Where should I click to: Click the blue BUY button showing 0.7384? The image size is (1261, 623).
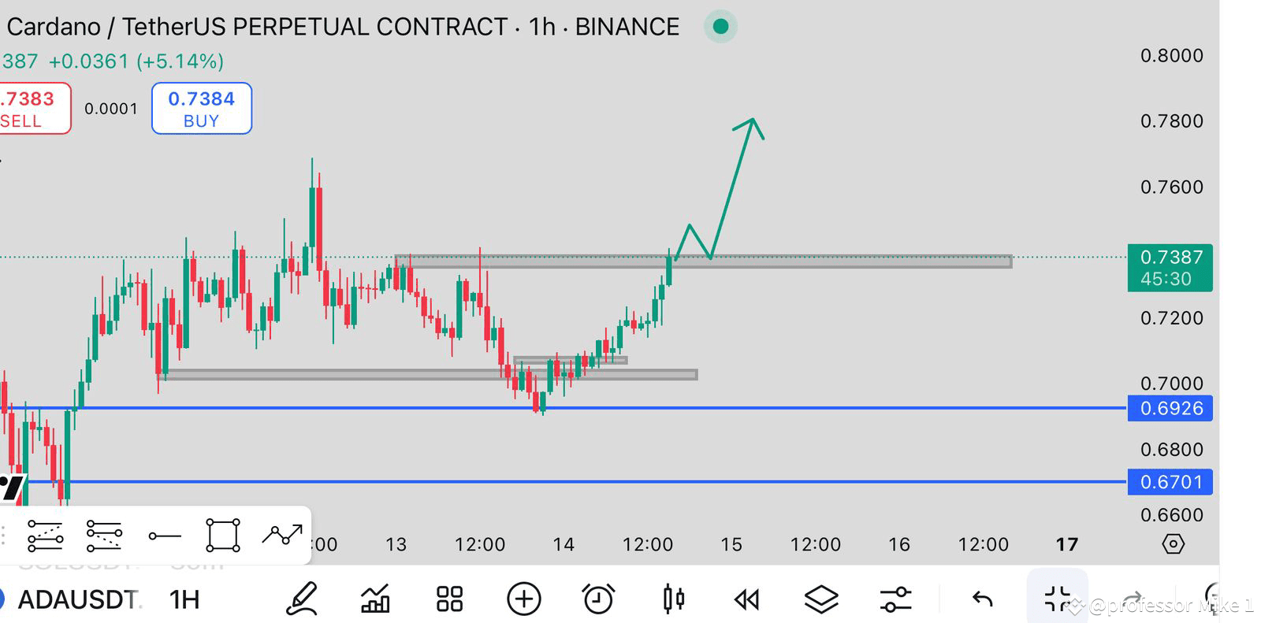pos(201,109)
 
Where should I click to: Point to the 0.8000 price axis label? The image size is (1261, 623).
pos(1171,55)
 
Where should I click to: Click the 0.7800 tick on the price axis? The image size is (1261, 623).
pos(1171,121)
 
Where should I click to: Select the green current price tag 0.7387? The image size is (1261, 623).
pos(1170,268)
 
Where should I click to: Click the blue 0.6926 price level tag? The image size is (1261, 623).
pos(1170,408)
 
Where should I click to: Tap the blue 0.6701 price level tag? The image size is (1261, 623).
pos(1170,481)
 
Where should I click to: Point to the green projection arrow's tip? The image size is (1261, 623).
pos(753,120)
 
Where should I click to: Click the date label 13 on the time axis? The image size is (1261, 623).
pos(396,544)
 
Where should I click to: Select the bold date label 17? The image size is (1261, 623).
pos(1066,544)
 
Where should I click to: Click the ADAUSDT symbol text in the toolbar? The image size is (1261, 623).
pos(78,599)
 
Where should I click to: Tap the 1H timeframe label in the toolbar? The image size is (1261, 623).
pos(184,599)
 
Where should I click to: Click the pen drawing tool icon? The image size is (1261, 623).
pos(302,599)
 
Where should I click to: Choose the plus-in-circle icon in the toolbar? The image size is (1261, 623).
pos(524,599)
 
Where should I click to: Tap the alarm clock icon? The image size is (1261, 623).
pos(598,599)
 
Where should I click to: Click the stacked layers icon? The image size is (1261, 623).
pos(820,599)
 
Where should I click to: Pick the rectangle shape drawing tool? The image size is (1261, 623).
pos(222,536)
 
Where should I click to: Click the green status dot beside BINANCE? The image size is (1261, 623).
pos(720,27)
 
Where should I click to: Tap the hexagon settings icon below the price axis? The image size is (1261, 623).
pos(1173,544)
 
